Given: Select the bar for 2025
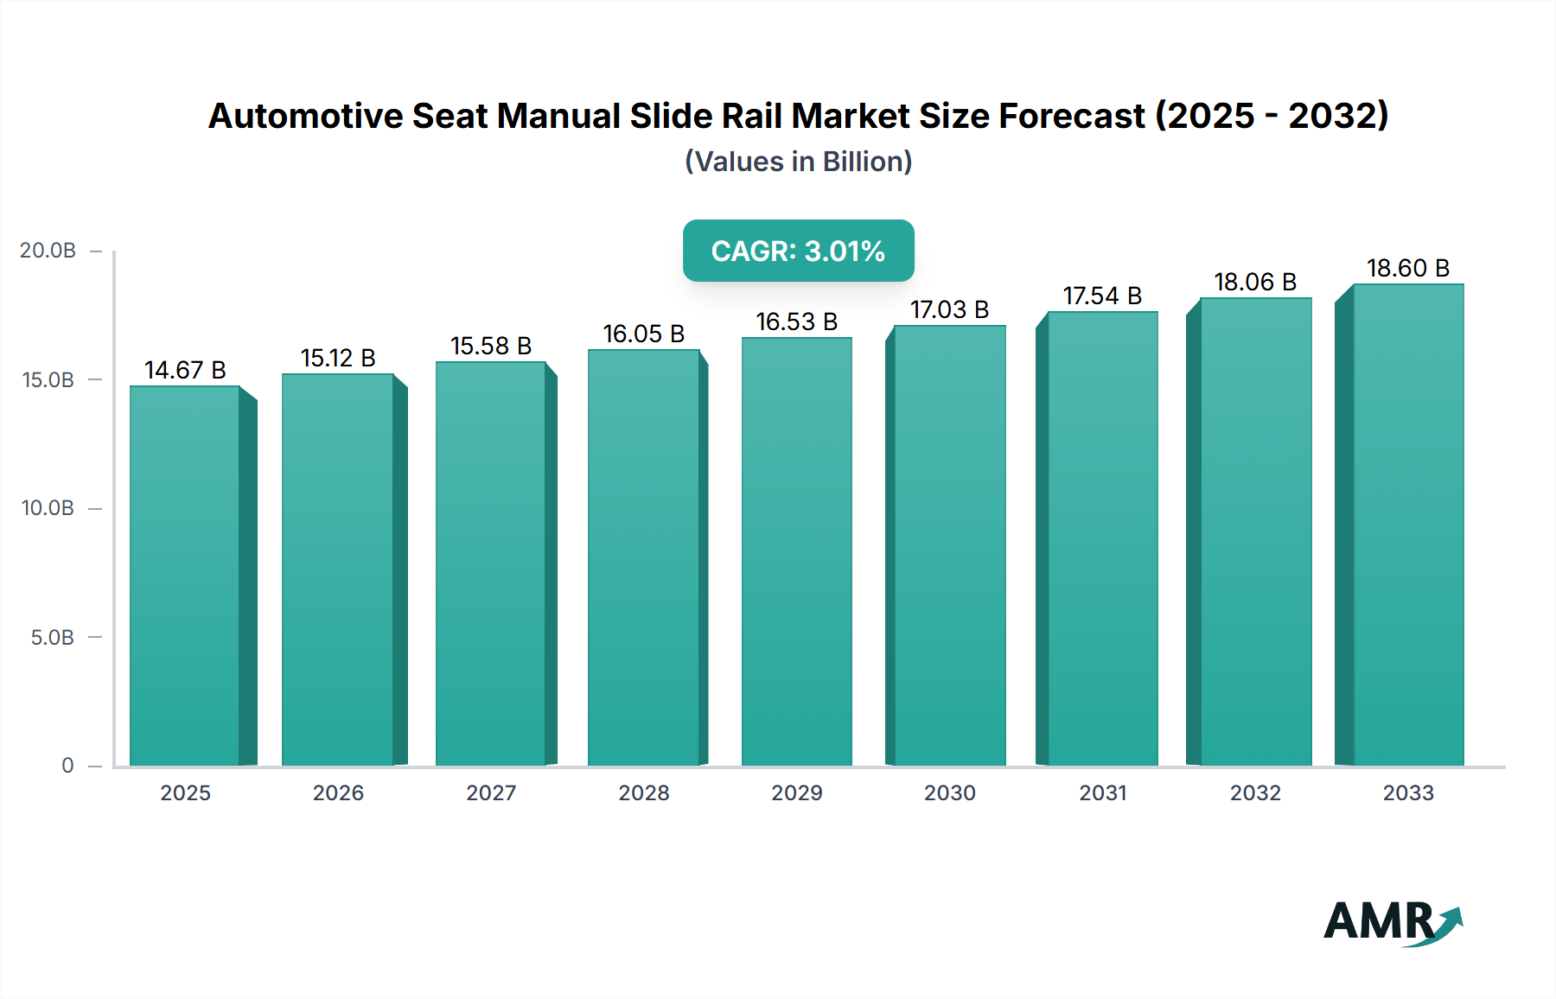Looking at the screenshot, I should (x=185, y=576).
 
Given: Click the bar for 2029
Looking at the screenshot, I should (x=796, y=551).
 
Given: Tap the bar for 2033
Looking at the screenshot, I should (x=1408, y=525).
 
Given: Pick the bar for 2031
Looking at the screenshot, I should (x=1102, y=538).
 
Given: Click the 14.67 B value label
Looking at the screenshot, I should (x=185, y=371).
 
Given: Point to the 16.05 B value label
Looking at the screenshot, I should (x=643, y=334).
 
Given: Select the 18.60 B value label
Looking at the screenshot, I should (x=1407, y=269).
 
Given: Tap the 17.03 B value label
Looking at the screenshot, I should (x=949, y=310).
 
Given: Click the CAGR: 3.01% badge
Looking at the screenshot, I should (x=798, y=251).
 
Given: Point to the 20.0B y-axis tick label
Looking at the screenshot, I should (x=48, y=251).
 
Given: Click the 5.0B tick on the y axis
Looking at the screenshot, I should (x=53, y=638).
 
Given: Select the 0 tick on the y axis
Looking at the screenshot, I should (x=67, y=766).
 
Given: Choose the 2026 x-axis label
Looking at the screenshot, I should (x=338, y=793).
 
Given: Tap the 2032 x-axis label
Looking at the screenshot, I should (x=1255, y=793).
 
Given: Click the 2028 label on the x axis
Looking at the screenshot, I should (x=643, y=793).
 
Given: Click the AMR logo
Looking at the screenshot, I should (x=1392, y=922).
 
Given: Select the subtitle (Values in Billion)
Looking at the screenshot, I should (x=798, y=162).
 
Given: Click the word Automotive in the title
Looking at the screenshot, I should (x=305, y=116).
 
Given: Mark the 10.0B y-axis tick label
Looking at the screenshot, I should (x=48, y=508).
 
